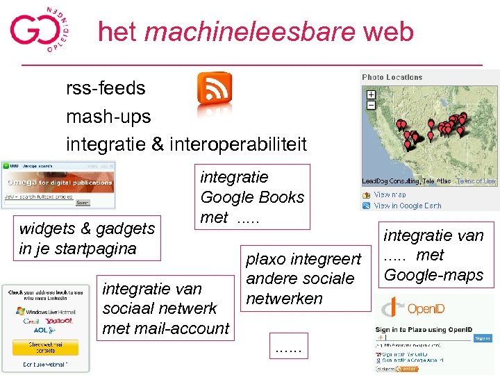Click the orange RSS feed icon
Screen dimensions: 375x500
(215, 89)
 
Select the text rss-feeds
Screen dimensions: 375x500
(106, 89)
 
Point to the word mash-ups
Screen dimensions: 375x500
(108, 117)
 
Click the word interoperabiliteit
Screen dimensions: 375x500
(237, 144)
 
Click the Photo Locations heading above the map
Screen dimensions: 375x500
(392, 77)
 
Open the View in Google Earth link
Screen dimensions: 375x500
(408, 206)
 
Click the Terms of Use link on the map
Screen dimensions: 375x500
(476, 181)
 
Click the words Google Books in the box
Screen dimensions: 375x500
(252, 197)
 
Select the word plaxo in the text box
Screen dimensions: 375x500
(265, 259)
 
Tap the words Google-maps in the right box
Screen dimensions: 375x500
(433, 275)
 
